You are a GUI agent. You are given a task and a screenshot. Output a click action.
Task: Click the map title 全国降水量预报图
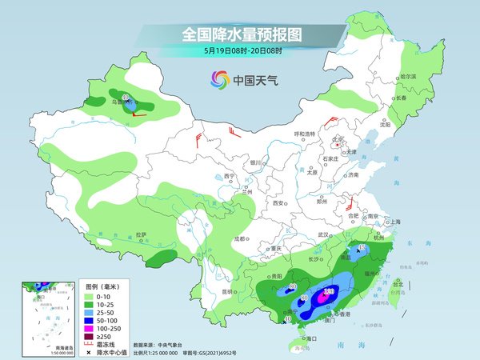point(239,34)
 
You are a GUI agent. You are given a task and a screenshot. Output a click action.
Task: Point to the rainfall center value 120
point(329,292)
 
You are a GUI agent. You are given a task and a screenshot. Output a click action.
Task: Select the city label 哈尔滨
point(408,76)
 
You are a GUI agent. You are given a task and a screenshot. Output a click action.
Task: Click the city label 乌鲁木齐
point(120,102)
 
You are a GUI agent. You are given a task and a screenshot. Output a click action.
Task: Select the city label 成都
point(239,238)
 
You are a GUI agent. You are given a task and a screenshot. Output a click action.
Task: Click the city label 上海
point(392,222)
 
